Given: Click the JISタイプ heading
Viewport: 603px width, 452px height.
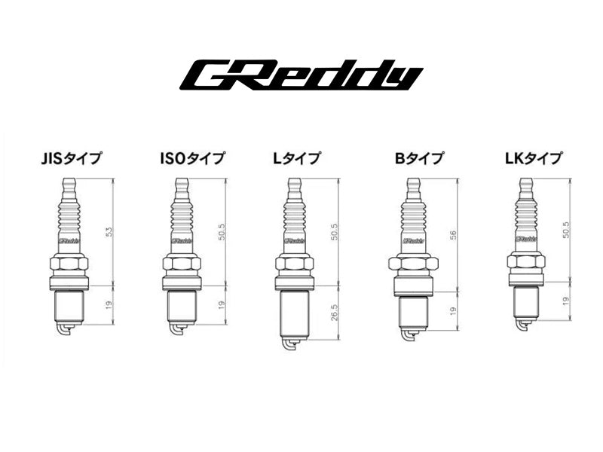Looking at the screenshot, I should click(73, 158).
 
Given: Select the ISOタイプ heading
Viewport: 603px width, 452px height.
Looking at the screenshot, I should click(192, 158).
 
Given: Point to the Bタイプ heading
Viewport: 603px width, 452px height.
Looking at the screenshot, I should click(418, 158).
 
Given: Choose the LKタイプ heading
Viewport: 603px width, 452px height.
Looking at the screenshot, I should click(533, 158).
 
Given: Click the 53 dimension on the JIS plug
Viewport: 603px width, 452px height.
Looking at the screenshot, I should click(109, 232).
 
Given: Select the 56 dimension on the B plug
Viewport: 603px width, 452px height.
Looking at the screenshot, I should click(453, 236).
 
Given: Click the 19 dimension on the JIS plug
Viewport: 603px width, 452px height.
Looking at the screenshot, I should click(109, 306).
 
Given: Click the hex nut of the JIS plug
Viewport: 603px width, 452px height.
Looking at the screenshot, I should click(69, 265).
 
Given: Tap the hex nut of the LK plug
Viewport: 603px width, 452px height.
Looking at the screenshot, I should click(527, 261).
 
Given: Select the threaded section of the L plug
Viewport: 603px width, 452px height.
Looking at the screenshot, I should click(294, 313).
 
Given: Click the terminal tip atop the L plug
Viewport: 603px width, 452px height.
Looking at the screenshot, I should click(294, 185).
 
